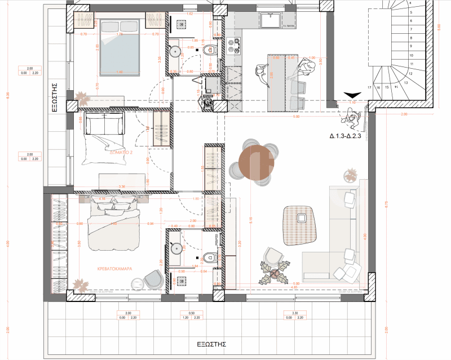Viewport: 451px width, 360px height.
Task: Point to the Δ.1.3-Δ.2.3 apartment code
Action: coord(350,136)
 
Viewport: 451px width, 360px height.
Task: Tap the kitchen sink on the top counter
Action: coord(272,21)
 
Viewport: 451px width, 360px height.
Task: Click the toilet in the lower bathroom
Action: coord(210,257)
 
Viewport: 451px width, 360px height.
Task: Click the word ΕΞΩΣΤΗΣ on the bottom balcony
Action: coord(211,343)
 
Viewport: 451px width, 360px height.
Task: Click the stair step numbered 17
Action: coord(369,88)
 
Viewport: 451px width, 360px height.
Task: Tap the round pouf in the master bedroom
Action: coord(153,279)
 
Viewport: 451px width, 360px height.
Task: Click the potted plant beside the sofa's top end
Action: coord(350,177)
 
